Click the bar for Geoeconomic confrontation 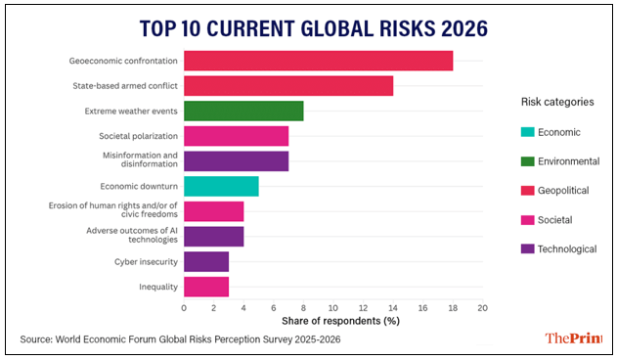click(318, 61)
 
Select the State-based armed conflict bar click(288, 86)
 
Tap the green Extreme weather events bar click(243, 111)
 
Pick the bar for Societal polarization click(236, 136)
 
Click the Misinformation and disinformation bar click(236, 161)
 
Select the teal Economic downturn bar click(221, 186)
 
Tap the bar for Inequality click(206, 287)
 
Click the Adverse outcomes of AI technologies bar click(213, 237)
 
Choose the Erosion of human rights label click(112, 210)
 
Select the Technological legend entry click(562, 248)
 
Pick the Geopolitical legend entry click(562, 191)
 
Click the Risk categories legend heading click(556, 102)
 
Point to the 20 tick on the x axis click(482, 307)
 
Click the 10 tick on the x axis click(332, 307)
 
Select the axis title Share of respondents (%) click(332, 320)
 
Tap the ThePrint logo click(572, 338)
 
